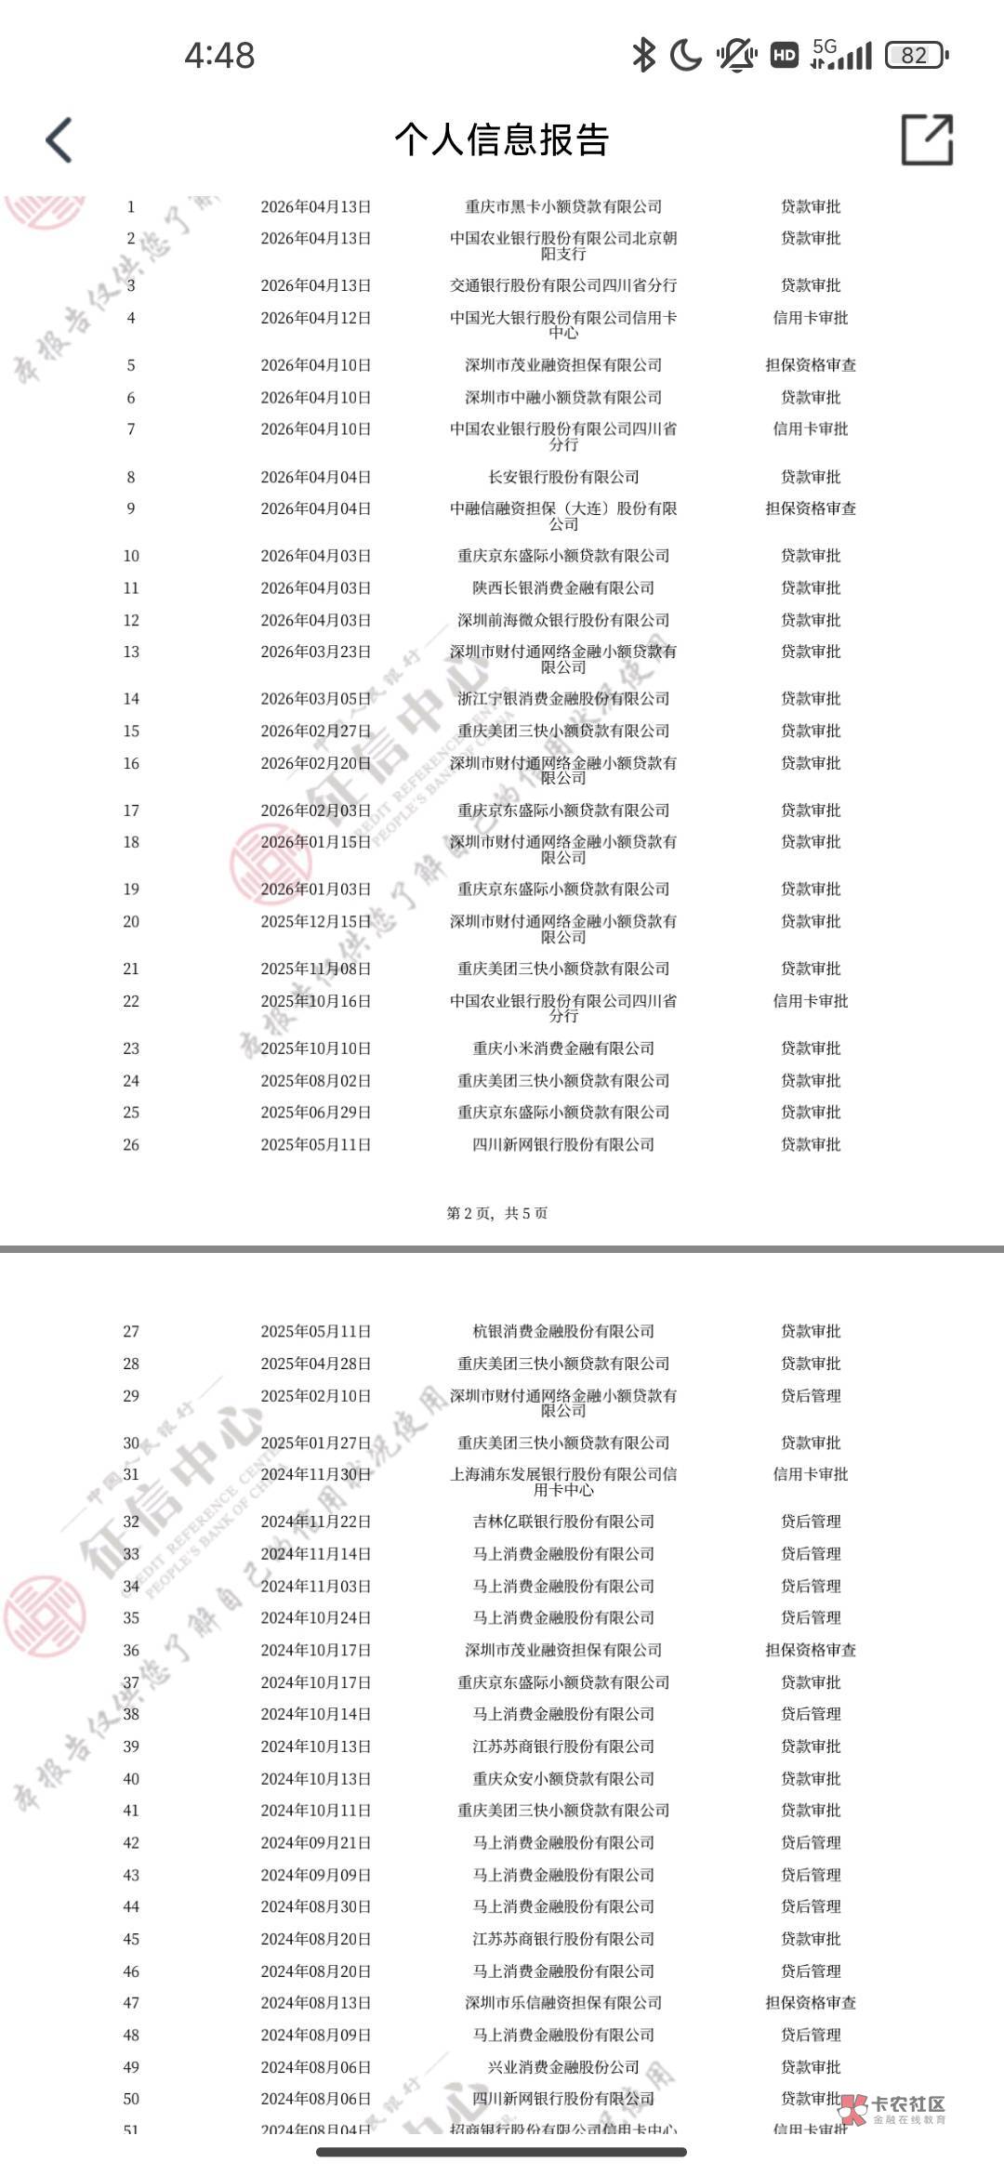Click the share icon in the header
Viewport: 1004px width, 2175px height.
point(927,140)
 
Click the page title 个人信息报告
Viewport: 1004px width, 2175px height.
point(502,140)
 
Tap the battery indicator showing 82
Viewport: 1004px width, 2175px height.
point(917,56)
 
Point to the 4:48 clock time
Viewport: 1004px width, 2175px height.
point(219,56)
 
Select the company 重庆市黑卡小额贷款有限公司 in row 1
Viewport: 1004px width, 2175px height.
point(563,206)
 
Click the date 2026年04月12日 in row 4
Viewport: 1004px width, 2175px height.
point(315,318)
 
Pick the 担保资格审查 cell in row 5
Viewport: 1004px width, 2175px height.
point(811,365)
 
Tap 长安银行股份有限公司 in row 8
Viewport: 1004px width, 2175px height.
point(563,477)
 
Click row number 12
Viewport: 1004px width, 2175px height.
point(131,620)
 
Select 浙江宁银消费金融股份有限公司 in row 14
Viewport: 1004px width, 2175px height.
point(563,699)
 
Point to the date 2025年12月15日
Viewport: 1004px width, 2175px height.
point(315,921)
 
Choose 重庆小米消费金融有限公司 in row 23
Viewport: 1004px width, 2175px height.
point(563,1048)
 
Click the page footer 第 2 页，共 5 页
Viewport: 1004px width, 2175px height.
point(497,1213)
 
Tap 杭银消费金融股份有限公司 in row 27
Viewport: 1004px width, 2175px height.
point(563,1331)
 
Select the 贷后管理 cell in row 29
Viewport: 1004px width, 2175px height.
point(811,1396)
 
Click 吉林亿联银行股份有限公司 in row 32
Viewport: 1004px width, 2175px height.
point(563,1522)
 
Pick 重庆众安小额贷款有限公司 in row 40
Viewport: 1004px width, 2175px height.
point(563,1778)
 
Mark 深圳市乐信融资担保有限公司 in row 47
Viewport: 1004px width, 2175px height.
point(563,2003)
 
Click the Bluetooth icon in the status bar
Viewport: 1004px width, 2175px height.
point(642,56)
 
